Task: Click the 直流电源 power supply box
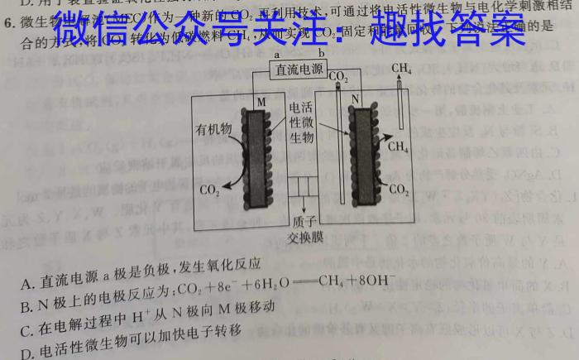[299, 70]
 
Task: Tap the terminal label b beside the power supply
[322, 54]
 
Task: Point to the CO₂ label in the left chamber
[210, 191]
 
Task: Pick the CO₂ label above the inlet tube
[338, 77]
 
